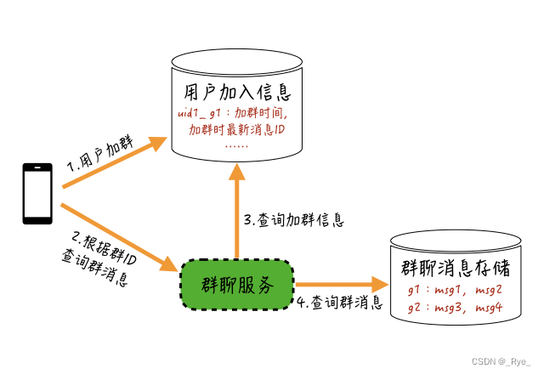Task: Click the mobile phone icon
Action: (x=37, y=194)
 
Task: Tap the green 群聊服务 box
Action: (x=237, y=286)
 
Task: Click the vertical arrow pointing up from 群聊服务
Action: (x=237, y=212)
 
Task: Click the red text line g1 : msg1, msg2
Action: (x=456, y=292)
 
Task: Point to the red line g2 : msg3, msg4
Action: (x=456, y=309)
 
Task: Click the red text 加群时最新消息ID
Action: (x=236, y=129)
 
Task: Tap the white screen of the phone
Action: (x=37, y=193)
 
